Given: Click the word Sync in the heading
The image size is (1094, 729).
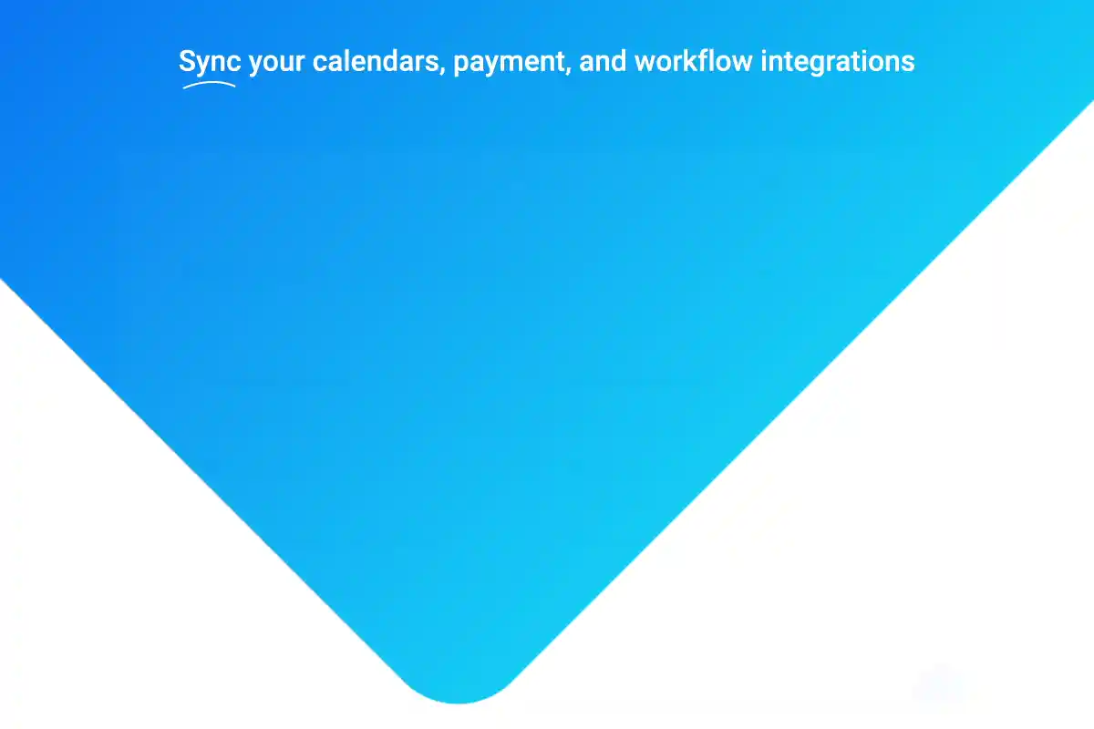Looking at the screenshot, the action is pyautogui.click(x=210, y=62).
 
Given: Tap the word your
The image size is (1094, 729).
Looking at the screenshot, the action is pyautogui.click(x=277, y=64).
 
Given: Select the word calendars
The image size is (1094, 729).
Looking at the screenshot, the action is pyautogui.click(x=376, y=61).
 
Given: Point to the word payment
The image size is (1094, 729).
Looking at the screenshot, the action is pyautogui.click(x=509, y=64).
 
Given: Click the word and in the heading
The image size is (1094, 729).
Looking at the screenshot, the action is pyautogui.click(x=603, y=61).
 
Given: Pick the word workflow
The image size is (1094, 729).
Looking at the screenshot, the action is pyautogui.click(x=694, y=61).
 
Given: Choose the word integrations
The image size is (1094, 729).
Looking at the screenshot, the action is pyautogui.click(x=838, y=63).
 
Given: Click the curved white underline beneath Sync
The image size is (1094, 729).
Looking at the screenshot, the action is pyautogui.click(x=209, y=83).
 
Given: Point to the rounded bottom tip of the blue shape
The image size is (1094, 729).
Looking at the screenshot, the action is pyautogui.click(x=458, y=703).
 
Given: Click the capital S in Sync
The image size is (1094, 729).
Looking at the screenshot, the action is pyautogui.click(x=187, y=61).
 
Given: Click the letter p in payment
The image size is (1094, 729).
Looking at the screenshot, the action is pyautogui.click(x=461, y=65).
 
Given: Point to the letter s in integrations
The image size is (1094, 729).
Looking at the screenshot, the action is pyautogui.click(x=908, y=64).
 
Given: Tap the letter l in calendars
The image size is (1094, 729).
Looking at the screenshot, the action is pyautogui.click(x=347, y=61).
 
